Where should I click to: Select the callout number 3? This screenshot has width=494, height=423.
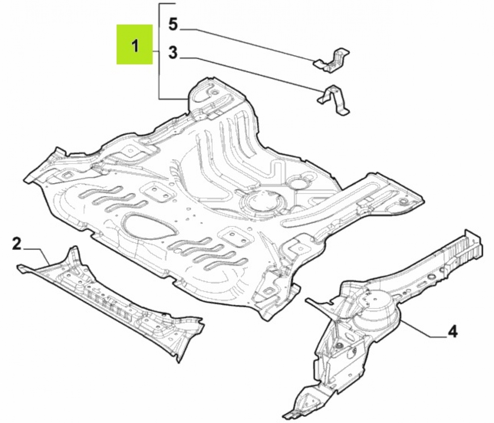(x=173, y=52)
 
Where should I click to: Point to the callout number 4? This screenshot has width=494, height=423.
(x=452, y=332)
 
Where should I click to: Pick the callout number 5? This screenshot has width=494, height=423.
(x=173, y=25)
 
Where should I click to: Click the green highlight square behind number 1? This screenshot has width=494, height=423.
(x=135, y=44)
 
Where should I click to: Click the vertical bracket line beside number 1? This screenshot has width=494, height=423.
(x=159, y=51)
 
